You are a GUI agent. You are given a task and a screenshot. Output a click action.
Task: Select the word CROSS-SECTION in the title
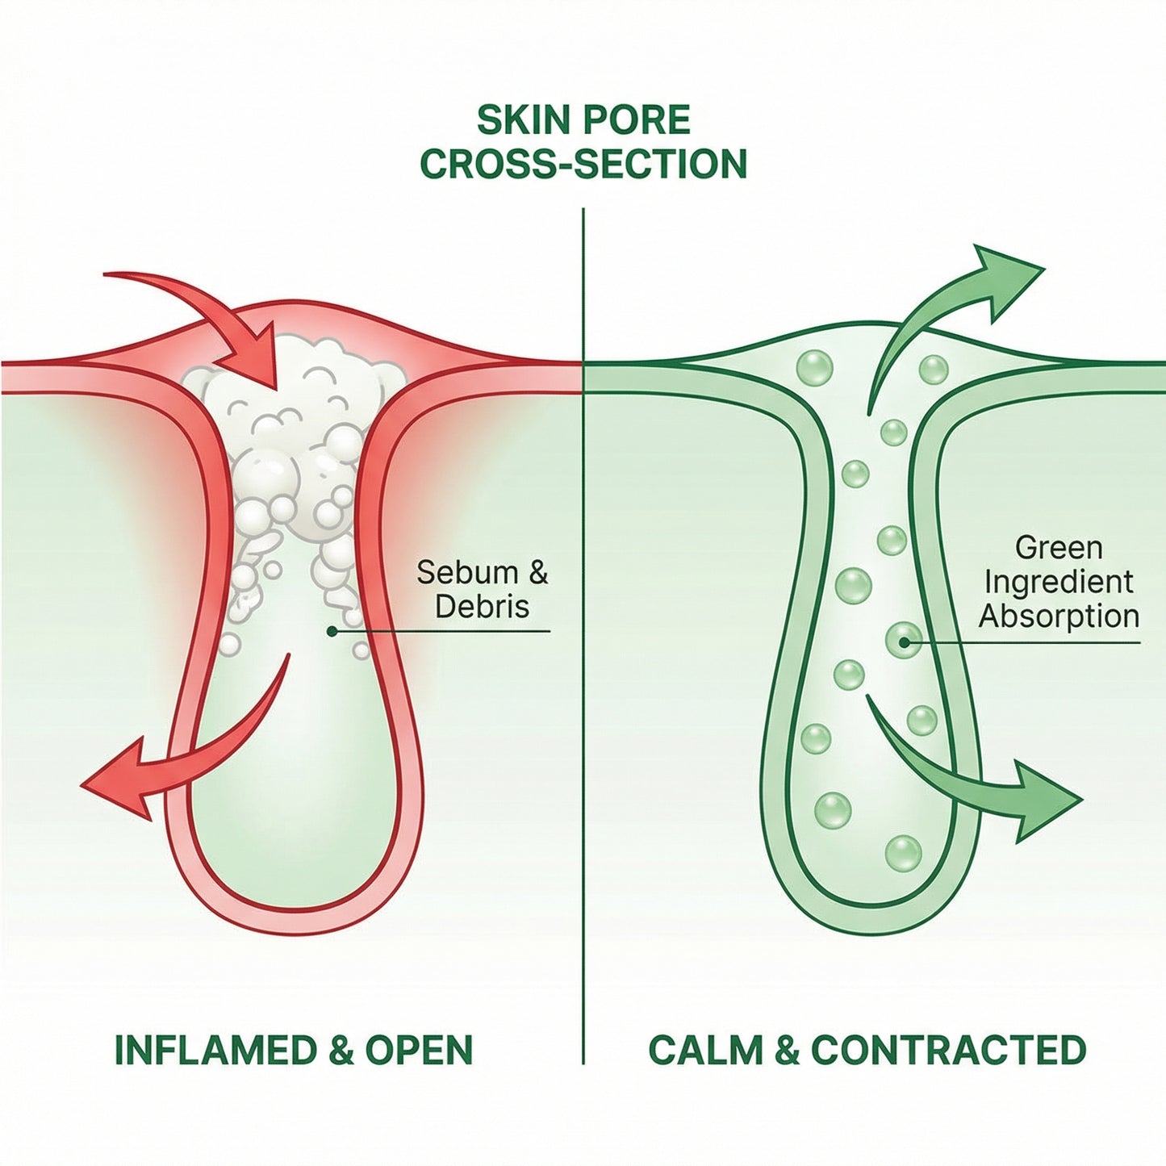click(583, 164)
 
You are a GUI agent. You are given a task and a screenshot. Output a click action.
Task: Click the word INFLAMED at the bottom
click(215, 1050)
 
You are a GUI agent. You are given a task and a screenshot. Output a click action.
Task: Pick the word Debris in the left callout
click(482, 607)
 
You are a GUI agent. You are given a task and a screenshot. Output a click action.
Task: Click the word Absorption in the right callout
click(1059, 616)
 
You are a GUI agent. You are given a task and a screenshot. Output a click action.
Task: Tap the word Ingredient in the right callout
click(1059, 582)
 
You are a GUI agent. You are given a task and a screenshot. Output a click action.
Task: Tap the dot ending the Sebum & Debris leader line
click(331, 632)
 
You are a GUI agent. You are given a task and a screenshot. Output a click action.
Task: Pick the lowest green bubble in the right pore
click(903, 853)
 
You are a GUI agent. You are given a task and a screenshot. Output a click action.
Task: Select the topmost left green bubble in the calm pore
click(814, 368)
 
